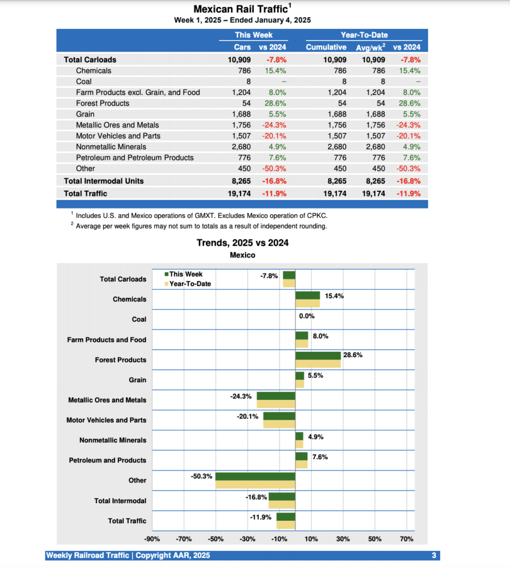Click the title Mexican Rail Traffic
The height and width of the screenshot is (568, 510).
[241, 9]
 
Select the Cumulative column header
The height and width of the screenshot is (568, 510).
[326, 47]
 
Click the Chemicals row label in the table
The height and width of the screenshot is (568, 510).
[93, 70]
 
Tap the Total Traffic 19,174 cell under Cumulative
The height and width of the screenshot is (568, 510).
[334, 194]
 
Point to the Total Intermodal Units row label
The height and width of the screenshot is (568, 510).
[104, 181]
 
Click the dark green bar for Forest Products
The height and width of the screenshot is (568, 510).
[318, 356]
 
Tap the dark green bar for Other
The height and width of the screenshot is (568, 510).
[255, 476]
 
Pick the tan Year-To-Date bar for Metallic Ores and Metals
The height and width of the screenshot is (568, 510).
[276, 404]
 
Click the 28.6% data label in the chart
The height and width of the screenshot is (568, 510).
[353, 355]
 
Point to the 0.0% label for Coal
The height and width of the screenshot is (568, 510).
[307, 316]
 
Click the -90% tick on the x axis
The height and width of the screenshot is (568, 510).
[152, 539]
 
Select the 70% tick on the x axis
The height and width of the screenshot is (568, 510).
[406, 539]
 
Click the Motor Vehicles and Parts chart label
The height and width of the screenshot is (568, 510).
[106, 420]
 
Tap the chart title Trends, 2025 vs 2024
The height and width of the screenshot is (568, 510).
[242, 242]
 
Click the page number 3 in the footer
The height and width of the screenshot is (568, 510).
[434, 555]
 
